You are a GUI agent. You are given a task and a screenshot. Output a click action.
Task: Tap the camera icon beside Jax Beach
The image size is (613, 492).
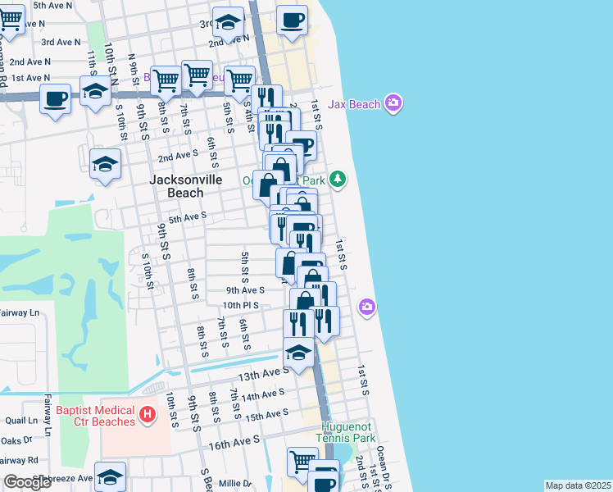(394, 103)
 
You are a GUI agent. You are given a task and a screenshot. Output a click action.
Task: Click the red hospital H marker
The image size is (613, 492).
(148, 415)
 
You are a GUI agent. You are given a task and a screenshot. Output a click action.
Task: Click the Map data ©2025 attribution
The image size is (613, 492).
(578, 485)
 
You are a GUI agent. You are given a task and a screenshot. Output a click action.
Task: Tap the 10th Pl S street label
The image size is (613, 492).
(240, 305)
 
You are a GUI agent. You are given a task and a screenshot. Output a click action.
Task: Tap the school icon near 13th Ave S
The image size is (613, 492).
(298, 353)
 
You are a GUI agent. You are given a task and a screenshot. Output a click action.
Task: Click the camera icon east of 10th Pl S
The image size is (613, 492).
(367, 307)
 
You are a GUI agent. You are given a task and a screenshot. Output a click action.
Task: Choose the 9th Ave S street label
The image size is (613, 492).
(245, 290)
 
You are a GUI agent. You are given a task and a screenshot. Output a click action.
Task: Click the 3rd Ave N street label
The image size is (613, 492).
(61, 42)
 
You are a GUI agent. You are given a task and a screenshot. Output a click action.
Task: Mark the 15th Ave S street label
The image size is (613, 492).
(264, 417)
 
